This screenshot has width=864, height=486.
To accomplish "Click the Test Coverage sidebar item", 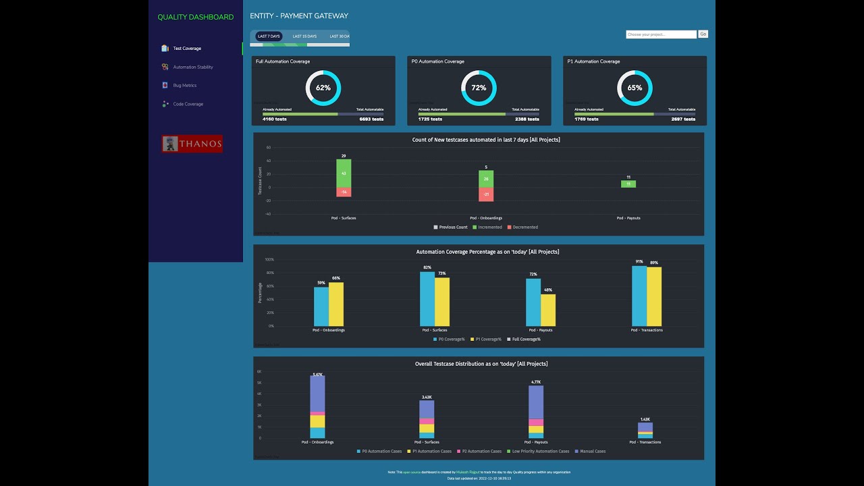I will [x=186, y=49].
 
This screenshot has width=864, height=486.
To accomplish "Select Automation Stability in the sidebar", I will [x=192, y=67].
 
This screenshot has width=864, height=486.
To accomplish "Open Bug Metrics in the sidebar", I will [x=184, y=86].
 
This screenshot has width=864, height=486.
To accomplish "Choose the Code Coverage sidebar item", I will [x=188, y=104].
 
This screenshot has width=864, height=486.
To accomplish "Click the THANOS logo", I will [x=192, y=144].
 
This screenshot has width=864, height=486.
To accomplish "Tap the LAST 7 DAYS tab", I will [x=269, y=36].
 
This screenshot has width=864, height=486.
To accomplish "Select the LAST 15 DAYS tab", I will [x=304, y=36].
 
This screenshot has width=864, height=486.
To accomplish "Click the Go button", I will [x=703, y=34].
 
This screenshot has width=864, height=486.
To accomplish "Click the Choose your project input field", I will [x=661, y=34].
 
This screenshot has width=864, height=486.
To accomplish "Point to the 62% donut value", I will [x=323, y=88].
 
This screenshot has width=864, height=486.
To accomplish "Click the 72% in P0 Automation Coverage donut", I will [x=479, y=88].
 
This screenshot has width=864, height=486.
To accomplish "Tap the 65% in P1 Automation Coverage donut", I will [x=634, y=88].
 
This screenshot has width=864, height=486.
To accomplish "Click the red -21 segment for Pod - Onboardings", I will [x=486, y=194].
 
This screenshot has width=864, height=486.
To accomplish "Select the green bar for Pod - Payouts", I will [x=628, y=184].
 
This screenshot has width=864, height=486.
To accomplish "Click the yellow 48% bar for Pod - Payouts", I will [x=548, y=310].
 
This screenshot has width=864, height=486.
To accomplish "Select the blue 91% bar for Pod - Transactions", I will [x=639, y=296].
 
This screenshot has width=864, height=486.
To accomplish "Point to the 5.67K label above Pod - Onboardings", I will [x=317, y=374].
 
